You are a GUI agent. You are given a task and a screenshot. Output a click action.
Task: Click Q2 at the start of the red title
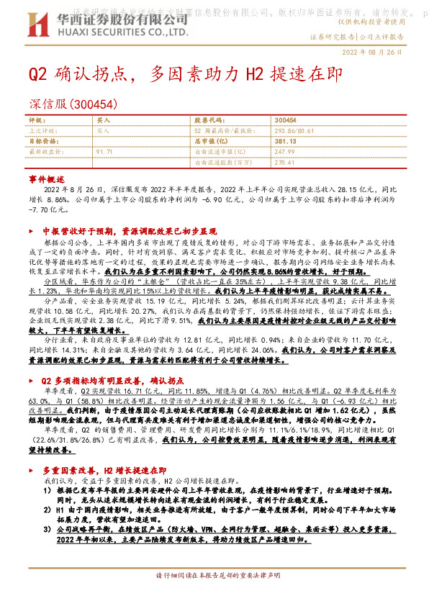click(x=38, y=75)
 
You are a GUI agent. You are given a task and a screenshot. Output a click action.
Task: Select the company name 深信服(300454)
click(x=72, y=105)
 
